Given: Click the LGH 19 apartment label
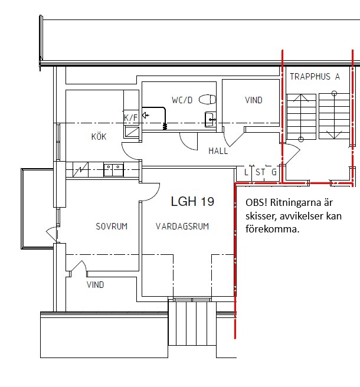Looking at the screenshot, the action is [192, 201].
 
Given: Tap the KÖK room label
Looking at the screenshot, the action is [99, 136].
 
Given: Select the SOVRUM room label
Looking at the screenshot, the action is [112, 227].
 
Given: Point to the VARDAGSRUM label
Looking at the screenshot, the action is [182, 227].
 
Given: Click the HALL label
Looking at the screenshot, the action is [218, 151].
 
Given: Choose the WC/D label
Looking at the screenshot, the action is [182, 100].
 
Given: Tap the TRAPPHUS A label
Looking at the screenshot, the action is [315, 77].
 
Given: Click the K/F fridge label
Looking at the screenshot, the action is [130, 118].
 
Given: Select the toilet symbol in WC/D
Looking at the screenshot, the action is [207, 100].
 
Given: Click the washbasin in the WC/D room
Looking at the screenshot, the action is [210, 119].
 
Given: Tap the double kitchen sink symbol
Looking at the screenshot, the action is [113, 169].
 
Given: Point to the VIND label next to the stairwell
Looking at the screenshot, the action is [254, 100].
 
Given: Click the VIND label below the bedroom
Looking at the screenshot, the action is [95, 285].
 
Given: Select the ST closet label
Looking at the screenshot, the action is [260, 172].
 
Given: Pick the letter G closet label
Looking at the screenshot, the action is [274, 172].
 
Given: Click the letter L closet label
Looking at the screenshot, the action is [246, 172].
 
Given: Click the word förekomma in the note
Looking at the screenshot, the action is [272, 229].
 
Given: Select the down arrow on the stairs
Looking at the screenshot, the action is [334, 116].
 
